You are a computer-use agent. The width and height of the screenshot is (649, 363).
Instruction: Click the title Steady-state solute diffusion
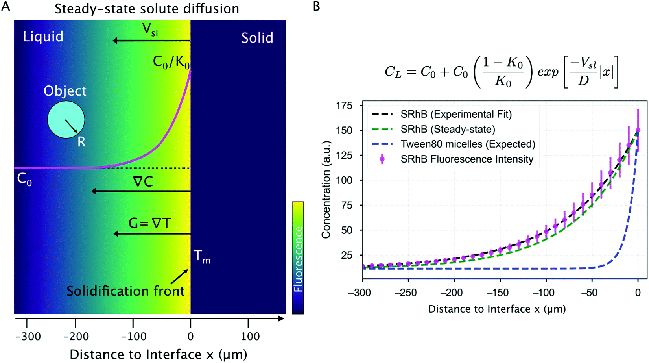click(x=147, y=9)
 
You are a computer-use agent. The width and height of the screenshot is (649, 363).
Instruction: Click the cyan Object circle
click(x=66, y=120)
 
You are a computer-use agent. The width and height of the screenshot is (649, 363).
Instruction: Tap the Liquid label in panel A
click(x=43, y=37)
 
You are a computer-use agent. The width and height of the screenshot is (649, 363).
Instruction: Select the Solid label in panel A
click(x=257, y=38)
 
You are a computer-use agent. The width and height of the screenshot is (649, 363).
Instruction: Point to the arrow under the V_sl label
click(x=151, y=41)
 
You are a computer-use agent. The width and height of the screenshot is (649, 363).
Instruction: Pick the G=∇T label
click(x=149, y=223)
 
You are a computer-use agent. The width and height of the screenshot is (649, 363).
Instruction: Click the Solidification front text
click(x=125, y=291)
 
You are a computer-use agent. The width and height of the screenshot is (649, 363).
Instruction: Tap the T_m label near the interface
click(x=202, y=256)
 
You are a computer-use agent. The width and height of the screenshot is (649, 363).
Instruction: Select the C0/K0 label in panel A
click(x=171, y=62)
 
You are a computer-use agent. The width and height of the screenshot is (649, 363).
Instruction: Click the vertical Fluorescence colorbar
click(x=298, y=258)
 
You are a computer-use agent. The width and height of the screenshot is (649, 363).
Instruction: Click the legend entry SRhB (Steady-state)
click(x=448, y=129)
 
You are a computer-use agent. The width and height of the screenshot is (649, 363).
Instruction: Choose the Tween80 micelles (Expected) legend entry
click(x=468, y=144)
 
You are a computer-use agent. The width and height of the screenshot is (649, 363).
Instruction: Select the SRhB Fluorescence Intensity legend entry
click(x=467, y=159)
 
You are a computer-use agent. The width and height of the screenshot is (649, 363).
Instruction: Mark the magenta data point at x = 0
click(x=638, y=130)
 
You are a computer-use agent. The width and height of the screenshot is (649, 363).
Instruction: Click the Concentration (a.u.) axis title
click(x=326, y=189)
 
